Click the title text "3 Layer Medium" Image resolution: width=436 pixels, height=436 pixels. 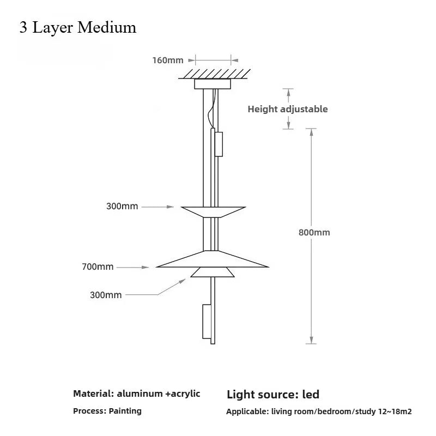tap(77, 27)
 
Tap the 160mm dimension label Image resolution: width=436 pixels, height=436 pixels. tap(168, 60)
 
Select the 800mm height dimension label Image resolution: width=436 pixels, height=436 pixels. tap(314, 232)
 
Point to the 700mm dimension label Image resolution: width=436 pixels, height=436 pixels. tap(98, 267)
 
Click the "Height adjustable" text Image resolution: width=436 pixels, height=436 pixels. tap(288, 109)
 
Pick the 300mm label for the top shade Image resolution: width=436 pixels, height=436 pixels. tap(123, 207)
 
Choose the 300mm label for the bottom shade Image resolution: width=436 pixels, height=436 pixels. tap(106, 295)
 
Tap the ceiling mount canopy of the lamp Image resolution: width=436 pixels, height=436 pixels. tap(212, 84)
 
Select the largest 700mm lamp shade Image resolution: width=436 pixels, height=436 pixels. tap(213, 260)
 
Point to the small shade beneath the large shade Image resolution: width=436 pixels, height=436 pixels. tap(213, 272)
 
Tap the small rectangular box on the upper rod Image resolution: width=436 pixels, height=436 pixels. tap(219, 143)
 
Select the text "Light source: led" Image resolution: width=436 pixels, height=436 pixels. tap(273, 394)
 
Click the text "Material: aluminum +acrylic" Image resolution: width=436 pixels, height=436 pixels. tap(137, 393)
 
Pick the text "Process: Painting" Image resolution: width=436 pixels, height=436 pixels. tap(107, 411)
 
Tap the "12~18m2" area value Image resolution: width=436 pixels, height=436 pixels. tap(395, 412)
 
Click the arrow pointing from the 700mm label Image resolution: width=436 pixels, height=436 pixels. tap(133, 267)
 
